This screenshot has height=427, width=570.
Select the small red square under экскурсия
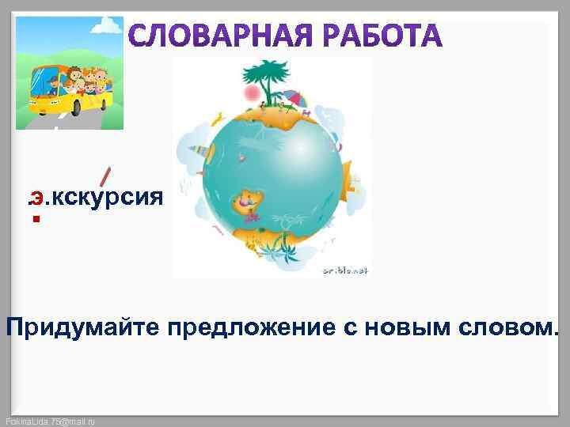36,219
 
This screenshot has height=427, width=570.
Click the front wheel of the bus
48,105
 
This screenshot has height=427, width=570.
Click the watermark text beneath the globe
345,270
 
